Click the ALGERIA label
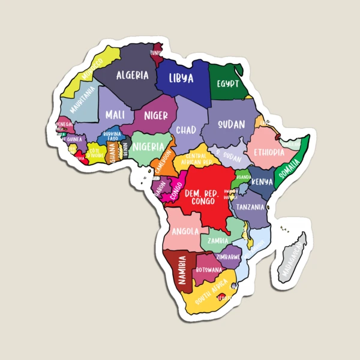coord(132,76)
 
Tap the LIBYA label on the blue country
coord(181,79)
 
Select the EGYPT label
coord(228,83)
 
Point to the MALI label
coord(115,114)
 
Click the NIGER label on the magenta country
coord(155,115)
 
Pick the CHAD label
coord(186,130)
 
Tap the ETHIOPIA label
coord(268,152)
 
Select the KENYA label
coord(262,181)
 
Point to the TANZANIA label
coord(250,207)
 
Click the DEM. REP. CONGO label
coord(202,197)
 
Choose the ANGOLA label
coord(185,231)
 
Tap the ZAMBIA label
coord(217,241)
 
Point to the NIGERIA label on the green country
coord(148,146)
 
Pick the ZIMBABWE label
coord(228,256)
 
